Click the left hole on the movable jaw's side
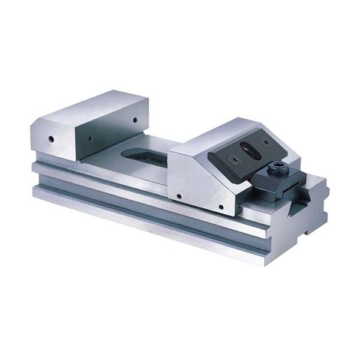pos(179,196)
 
